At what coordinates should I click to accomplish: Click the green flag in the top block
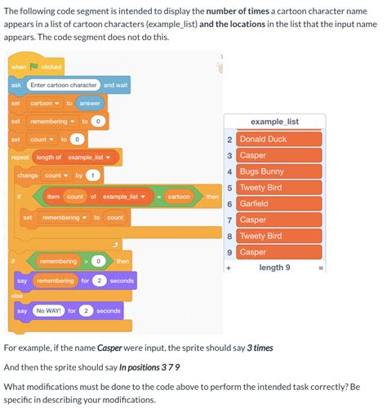tap(34, 66)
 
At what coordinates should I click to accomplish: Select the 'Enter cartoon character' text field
tap(63, 85)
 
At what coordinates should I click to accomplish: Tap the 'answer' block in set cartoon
tap(89, 103)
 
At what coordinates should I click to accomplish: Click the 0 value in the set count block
tap(76, 140)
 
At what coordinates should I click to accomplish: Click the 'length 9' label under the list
tap(275, 268)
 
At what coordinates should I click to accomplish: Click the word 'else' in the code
tap(16, 295)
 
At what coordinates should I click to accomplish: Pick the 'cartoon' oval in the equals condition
tap(179, 197)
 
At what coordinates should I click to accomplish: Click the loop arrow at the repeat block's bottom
tap(115, 242)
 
